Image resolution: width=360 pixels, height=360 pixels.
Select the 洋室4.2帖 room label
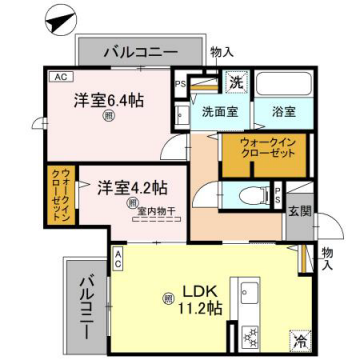(x=131, y=186)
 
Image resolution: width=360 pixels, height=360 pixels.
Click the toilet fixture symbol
(x=250, y=194)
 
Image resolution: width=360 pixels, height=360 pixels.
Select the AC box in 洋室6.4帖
(x=59, y=76)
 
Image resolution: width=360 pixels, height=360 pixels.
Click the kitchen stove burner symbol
(x=246, y=340)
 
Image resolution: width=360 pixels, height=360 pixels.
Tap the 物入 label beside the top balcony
(x=223, y=51)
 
